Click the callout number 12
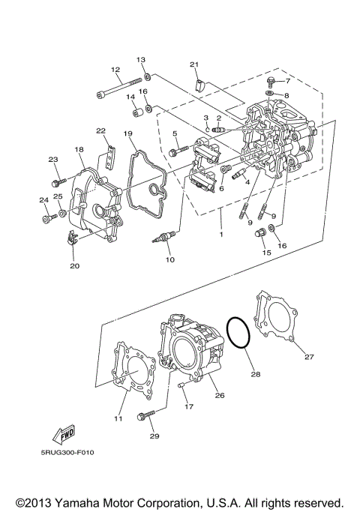pos(115,70)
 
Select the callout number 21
pos(193,64)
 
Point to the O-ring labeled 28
pos(239,332)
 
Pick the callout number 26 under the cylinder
pos(220,395)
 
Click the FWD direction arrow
pos(61,435)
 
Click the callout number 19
pos(129,133)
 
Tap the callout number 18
pos(79,150)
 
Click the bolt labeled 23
pos(58,182)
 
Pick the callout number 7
pos(286,80)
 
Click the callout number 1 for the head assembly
pos(220,235)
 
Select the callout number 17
pos(189,407)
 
